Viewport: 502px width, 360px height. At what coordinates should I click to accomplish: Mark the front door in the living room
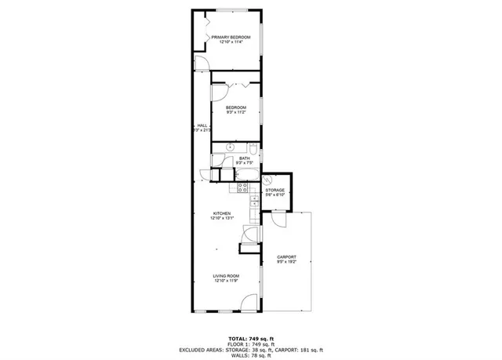pyautogui.click(x=249, y=301)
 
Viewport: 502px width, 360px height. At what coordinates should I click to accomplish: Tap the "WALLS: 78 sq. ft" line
pyautogui.click(x=250, y=356)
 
